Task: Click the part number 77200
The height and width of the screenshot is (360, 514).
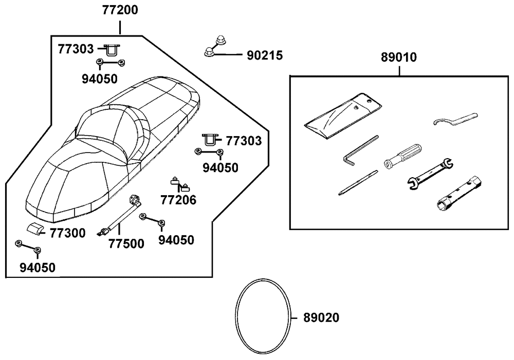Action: [119, 10]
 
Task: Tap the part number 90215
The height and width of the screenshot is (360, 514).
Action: [264, 55]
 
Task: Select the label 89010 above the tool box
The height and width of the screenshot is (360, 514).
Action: [399, 58]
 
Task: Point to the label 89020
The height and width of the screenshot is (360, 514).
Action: [321, 318]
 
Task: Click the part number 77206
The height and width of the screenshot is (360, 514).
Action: [178, 200]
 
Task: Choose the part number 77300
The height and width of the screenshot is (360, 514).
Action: [68, 234]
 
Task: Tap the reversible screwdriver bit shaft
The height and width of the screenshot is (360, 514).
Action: [358, 183]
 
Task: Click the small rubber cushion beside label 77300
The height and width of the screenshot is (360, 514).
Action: [35, 229]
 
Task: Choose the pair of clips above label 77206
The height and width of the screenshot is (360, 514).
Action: [180, 183]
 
